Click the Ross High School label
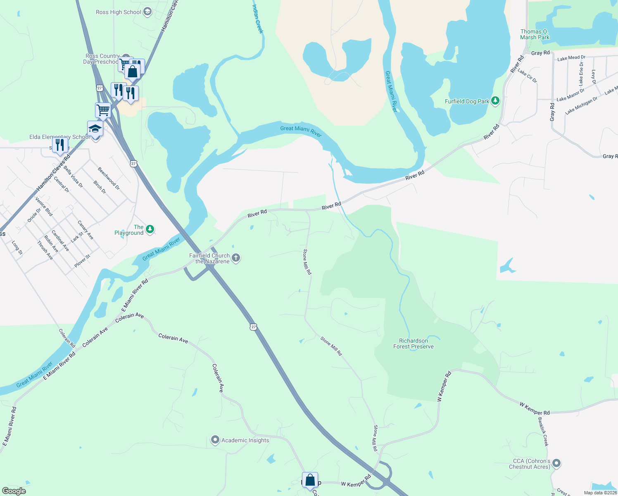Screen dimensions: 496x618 [118, 12]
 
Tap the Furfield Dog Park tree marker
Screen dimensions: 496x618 [495, 101]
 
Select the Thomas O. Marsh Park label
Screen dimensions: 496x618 [535, 34]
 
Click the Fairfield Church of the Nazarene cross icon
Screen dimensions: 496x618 [235, 258]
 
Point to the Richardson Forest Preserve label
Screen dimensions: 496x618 [413, 343]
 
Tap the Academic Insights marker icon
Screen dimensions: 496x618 [215, 440]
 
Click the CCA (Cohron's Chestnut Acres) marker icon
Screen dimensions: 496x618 [556, 463]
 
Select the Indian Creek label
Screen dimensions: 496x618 [257, 19]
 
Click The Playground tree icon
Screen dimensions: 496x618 [150, 229]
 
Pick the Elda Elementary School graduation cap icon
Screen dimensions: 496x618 [95, 129]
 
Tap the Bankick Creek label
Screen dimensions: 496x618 [543, 432]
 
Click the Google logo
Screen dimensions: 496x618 [14, 491]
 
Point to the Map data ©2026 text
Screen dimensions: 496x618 [600, 493]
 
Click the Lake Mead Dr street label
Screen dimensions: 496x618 [571, 58]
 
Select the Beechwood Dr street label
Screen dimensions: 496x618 [109, 178]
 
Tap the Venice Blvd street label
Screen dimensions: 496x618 [44, 206]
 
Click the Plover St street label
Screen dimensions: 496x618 [82, 261]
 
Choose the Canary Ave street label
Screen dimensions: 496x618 [86, 230]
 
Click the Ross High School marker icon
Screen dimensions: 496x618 [147, 12]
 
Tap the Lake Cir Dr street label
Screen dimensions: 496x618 [527, 76]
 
